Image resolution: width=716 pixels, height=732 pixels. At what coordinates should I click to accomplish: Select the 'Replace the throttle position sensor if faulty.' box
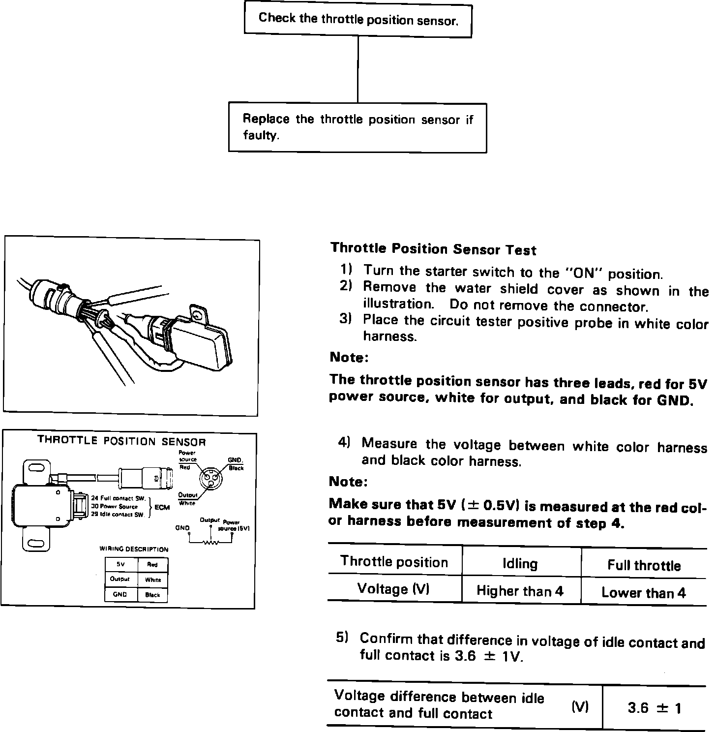(358, 127)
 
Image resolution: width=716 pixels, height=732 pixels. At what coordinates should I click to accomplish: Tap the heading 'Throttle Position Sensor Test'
(433, 249)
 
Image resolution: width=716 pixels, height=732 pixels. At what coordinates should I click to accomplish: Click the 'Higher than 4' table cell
(520, 590)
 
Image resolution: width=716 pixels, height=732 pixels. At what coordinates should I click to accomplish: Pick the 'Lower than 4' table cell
(643, 592)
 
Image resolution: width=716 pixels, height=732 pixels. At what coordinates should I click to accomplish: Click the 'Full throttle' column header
(644, 565)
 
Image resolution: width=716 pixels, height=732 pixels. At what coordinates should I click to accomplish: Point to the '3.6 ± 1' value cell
(655, 708)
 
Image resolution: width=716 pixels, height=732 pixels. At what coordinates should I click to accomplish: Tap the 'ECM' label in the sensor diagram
(162, 507)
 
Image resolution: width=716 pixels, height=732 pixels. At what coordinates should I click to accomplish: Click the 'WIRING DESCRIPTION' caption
(134, 549)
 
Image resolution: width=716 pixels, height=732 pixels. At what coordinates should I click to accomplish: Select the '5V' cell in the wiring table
(120, 565)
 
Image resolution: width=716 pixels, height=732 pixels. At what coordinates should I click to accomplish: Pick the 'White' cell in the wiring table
(153, 580)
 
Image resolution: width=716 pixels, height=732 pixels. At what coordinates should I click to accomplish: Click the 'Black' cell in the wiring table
(153, 595)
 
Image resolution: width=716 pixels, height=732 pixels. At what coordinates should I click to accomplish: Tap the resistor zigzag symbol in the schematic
(211, 543)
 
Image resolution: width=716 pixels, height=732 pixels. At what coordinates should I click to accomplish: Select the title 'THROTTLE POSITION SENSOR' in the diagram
(121, 441)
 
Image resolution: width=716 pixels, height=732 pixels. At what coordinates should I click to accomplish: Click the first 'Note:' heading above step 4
(349, 358)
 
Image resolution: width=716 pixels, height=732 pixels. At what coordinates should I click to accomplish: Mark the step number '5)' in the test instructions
(342, 638)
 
